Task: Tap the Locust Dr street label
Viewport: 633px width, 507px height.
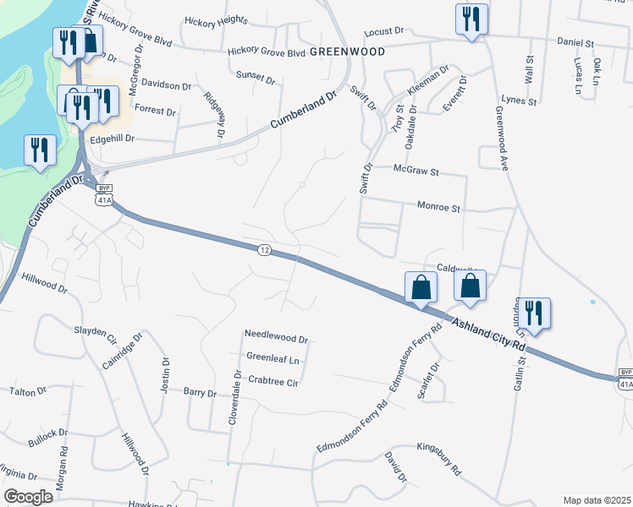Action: click(383, 31)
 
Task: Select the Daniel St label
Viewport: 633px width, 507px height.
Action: click(576, 41)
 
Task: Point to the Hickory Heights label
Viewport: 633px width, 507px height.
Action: click(216, 20)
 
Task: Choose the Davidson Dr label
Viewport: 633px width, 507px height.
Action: click(166, 85)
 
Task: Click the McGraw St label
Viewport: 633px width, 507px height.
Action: click(416, 171)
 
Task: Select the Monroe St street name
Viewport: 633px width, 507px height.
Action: click(438, 206)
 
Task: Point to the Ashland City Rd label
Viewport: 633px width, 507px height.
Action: click(488, 334)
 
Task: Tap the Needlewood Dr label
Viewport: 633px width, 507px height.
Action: click(275, 336)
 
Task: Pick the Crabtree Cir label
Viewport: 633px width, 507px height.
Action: click(273, 381)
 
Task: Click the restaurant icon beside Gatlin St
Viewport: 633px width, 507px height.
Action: click(534, 311)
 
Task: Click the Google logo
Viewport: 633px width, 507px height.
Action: click(28, 496)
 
